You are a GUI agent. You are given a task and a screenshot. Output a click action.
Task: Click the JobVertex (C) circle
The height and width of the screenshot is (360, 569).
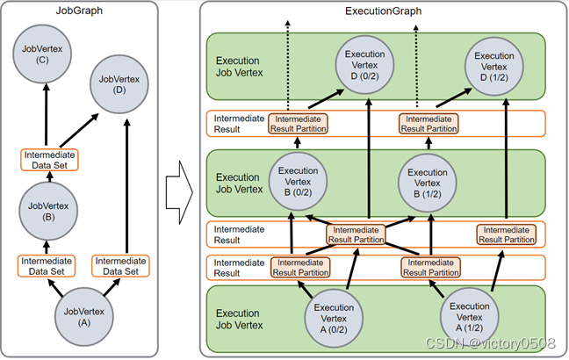[42, 54]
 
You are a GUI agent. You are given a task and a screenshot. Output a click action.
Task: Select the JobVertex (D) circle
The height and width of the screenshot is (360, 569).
[119, 84]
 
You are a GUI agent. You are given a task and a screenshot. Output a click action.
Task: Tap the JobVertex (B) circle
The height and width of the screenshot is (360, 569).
[48, 212]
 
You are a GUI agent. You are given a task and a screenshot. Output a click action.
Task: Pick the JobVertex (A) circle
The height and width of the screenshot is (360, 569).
[83, 316]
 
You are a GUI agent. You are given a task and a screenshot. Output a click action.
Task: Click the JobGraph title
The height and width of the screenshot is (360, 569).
[79, 11]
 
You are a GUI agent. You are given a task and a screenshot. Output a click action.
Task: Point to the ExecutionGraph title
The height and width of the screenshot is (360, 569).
[383, 11]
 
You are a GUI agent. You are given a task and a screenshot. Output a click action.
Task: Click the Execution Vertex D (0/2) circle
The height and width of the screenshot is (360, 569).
[364, 65]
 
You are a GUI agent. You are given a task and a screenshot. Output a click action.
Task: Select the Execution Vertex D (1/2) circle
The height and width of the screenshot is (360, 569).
[493, 67]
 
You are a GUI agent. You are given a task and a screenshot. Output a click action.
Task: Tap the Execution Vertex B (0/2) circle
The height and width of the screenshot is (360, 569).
[298, 182]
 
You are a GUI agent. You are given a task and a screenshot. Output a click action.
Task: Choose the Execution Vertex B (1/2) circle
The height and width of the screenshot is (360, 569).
[428, 183]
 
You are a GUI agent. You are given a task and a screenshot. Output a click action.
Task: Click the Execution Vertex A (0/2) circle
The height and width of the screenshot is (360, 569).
[334, 318]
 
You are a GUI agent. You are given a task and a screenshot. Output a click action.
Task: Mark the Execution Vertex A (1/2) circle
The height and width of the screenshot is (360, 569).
[470, 317]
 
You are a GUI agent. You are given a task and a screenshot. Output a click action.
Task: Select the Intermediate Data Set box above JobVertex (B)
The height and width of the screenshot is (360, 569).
[49, 160]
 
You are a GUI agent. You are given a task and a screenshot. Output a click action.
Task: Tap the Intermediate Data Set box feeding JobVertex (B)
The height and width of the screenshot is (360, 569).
[47, 266]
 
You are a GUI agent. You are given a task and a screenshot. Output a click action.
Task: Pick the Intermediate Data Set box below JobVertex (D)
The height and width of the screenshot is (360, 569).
[120, 266]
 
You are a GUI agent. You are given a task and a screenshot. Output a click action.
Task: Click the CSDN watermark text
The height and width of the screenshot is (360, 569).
[490, 343]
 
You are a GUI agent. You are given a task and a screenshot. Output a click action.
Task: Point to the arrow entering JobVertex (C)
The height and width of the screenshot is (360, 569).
[46, 114]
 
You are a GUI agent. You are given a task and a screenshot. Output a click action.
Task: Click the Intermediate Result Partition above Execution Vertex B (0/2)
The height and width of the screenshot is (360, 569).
[298, 124]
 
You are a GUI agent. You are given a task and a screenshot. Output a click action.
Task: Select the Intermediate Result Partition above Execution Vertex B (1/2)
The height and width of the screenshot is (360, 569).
[429, 124]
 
